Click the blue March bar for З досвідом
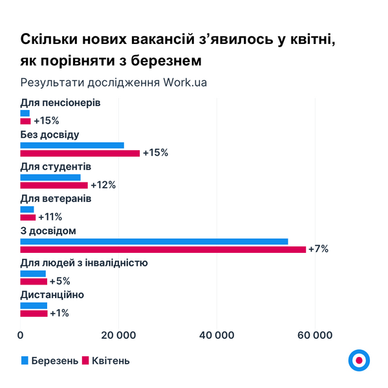pyautogui.click(x=154, y=241)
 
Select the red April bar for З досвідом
pyautogui.click(x=163, y=250)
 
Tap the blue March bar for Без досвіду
pyautogui.click(x=72, y=145)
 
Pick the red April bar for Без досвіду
pyautogui.click(x=80, y=153)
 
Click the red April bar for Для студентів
pyautogui.click(x=54, y=185)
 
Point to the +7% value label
pyautogui.click(x=318, y=249)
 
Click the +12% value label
pyautogui.click(x=103, y=185)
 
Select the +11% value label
pyautogui.click(x=50, y=217)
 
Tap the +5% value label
pyautogui.click(x=59, y=281)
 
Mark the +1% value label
pyautogui.click(x=59, y=313)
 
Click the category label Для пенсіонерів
pyautogui.click(x=60, y=103)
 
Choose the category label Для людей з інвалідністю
pyautogui.click(x=84, y=263)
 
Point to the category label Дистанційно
pyautogui.click(x=52, y=295)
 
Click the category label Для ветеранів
pyautogui.click(x=56, y=199)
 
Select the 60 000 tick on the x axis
pyautogui.click(x=315, y=335)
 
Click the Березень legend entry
pyautogui.click(x=55, y=361)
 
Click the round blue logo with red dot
pyautogui.click(x=358, y=361)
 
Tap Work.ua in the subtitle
pyautogui.click(x=185, y=83)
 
